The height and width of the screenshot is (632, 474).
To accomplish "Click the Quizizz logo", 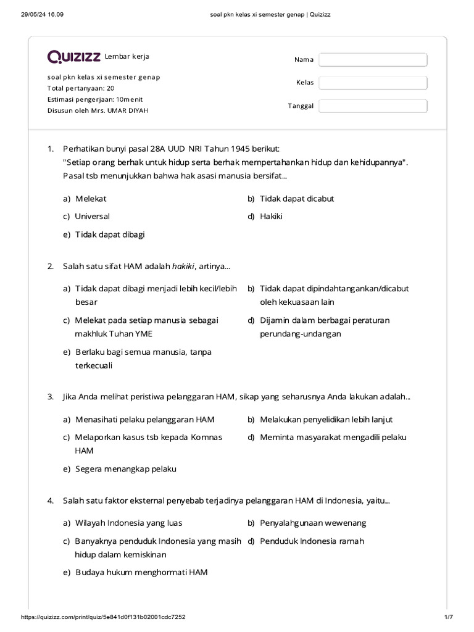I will [x=74, y=57].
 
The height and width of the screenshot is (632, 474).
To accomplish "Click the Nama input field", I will [x=373, y=59].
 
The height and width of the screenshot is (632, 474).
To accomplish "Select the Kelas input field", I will [x=373, y=83].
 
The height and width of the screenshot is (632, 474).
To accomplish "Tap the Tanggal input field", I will [x=373, y=106].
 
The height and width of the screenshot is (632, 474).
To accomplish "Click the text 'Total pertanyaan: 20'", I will [x=81, y=88].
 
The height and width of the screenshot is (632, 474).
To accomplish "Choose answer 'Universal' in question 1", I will [x=92, y=217].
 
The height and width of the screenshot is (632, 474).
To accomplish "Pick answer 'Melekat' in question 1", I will [x=91, y=199].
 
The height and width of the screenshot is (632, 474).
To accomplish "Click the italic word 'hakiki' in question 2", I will [x=184, y=266].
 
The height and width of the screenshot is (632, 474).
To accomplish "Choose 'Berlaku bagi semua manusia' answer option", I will [x=143, y=352].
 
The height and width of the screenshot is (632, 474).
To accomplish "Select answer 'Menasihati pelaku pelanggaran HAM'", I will [x=144, y=420].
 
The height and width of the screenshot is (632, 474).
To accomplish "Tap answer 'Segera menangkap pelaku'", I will [x=125, y=469].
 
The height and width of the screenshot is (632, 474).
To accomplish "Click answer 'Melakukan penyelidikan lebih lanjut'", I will [x=326, y=420].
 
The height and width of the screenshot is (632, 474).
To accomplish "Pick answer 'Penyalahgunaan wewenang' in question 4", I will [x=313, y=523].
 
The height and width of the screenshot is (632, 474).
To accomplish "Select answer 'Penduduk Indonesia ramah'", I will [x=312, y=541].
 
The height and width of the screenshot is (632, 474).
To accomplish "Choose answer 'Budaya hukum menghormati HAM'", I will [x=141, y=572].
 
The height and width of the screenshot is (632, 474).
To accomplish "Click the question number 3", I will [x=51, y=397].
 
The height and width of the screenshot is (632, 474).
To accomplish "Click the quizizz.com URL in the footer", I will [x=104, y=618].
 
